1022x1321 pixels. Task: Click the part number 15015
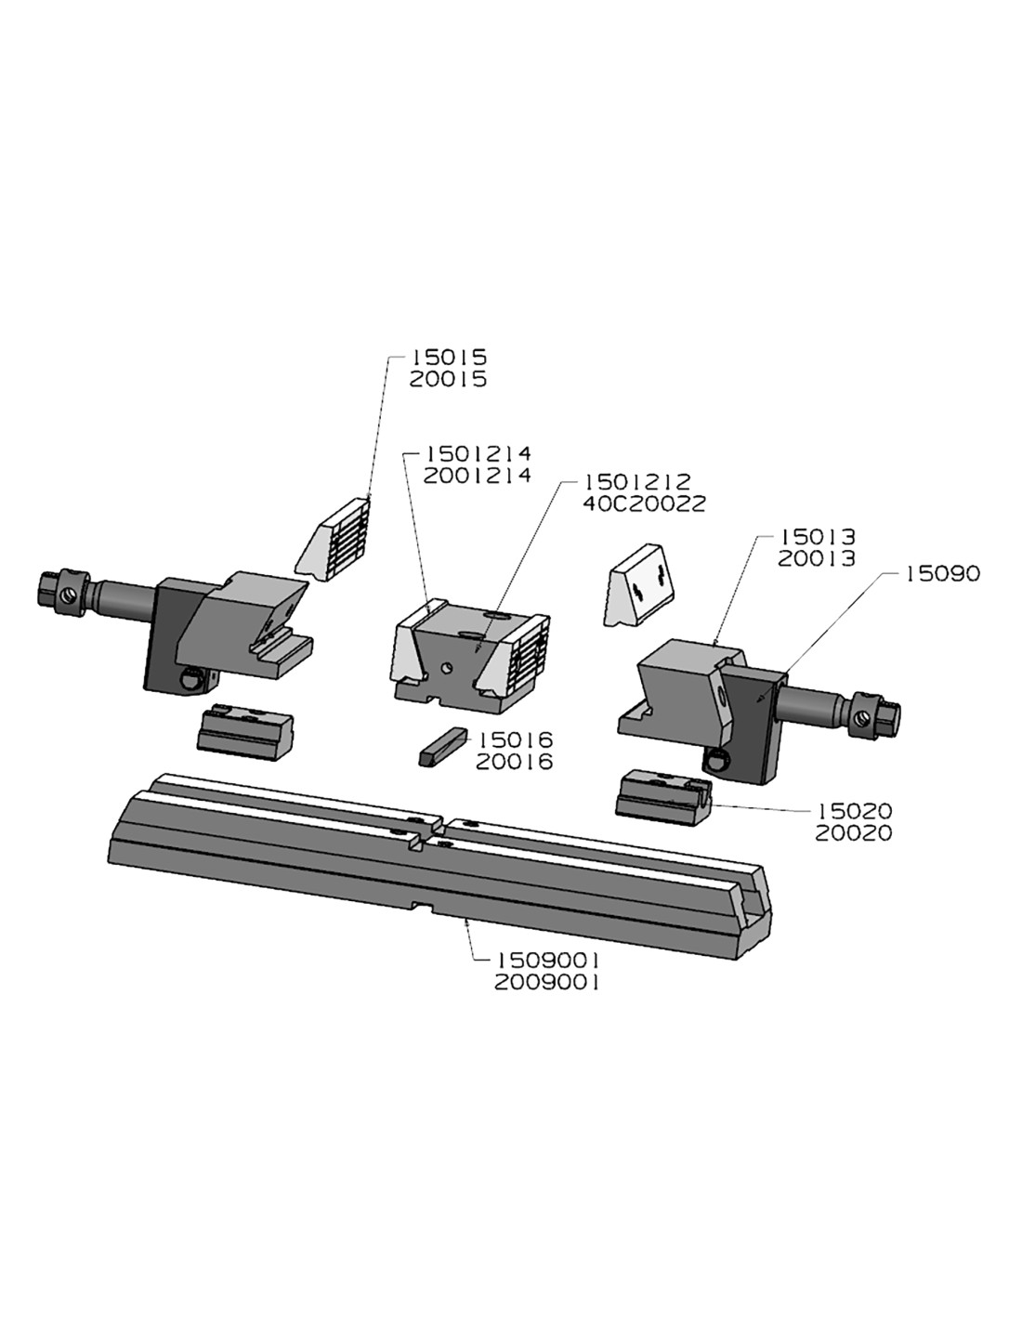pos(449,357)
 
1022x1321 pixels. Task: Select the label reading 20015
pos(449,379)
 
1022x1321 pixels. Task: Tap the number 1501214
pos(478,453)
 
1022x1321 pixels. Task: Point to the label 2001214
pos(478,476)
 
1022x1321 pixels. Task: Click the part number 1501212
pos(637,482)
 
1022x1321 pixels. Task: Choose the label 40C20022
pos(644,504)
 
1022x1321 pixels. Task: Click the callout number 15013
pos(818,537)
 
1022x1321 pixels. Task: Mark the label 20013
pos(817,559)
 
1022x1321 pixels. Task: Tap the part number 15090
pos(943,574)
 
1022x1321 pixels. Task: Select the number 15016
pos(515,740)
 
